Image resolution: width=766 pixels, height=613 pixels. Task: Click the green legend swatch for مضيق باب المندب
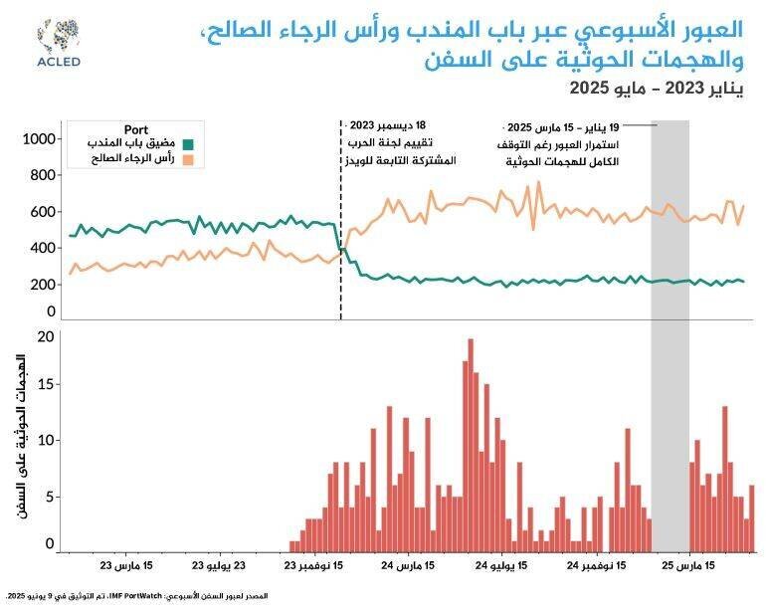187,145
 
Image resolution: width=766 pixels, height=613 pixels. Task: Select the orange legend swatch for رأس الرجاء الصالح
187,160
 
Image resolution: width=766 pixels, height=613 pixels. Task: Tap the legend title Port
136,130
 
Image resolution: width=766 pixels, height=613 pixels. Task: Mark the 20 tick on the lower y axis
43,335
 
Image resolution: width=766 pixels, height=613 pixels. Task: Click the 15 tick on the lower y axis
43,384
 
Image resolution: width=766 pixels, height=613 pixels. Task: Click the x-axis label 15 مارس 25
689,566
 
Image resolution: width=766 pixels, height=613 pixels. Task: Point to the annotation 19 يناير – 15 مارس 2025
563,127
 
